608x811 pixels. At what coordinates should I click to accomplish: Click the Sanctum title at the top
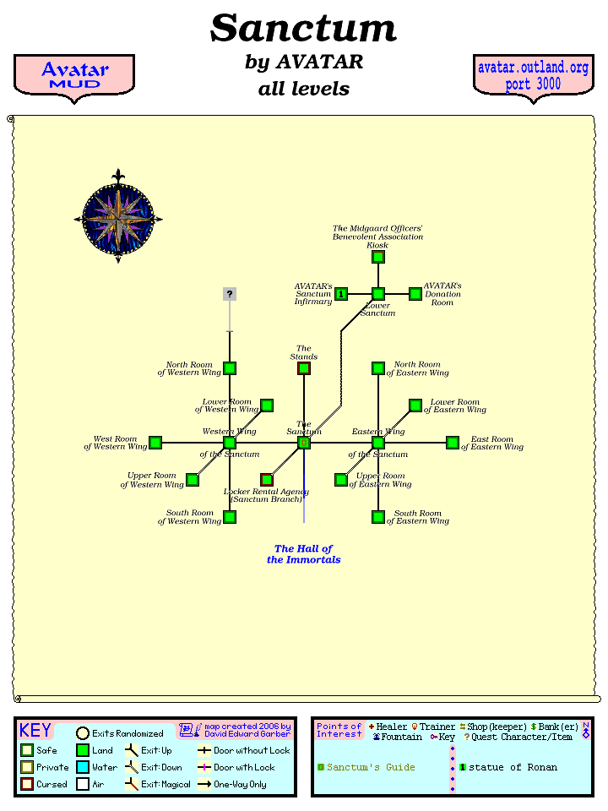(x=303, y=29)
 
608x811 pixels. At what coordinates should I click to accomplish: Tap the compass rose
(x=118, y=218)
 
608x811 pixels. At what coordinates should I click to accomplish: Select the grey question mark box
(x=230, y=294)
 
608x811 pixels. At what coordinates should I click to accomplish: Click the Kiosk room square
(x=378, y=257)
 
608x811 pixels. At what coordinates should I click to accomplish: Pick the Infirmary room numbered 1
(x=341, y=294)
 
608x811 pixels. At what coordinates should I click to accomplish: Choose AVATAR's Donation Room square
(x=415, y=294)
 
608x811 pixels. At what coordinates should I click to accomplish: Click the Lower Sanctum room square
(x=378, y=294)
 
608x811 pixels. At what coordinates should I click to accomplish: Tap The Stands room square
(x=304, y=368)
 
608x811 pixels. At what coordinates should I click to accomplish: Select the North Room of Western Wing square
(x=230, y=368)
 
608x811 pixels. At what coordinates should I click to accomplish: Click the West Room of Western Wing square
(x=155, y=443)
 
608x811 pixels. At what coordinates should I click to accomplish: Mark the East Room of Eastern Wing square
(x=453, y=443)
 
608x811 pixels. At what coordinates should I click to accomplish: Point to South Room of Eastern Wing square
(x=378, y=517)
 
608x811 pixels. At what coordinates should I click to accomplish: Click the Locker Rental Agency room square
(x=267, y=480)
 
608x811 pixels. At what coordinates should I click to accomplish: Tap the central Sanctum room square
(x=304, y=443)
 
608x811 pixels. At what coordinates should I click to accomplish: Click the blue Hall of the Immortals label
(x=304, y=554)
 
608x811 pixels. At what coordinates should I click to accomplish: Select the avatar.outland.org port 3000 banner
(x=533, y=76)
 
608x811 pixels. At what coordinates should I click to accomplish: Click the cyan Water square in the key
(x=83, y=767)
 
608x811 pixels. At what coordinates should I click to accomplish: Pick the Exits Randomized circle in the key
(x=83, y=733)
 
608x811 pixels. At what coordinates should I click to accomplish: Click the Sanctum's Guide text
(x=371, y=767)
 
